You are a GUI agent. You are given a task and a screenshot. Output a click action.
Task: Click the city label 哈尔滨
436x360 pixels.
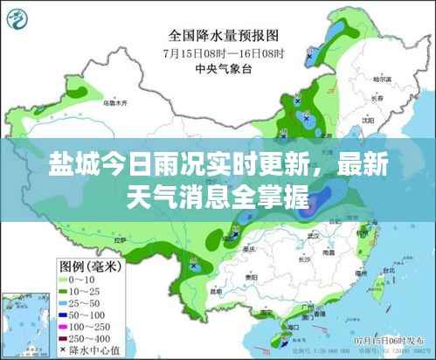378,80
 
